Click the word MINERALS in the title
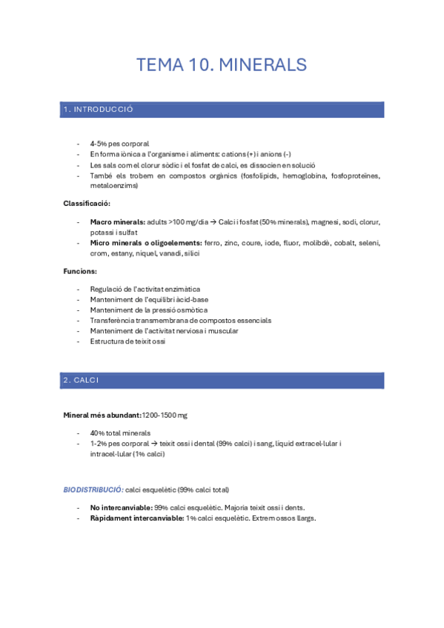coord(263,65)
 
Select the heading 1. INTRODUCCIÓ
coord(98,110)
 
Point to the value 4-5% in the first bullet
coord(98,143)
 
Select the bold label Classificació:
coord(87,204)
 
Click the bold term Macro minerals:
coord(118,221)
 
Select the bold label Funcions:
coord(79,272)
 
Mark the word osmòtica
coord(190,310)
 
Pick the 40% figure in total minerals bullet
coord(98,432)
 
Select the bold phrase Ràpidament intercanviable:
coord(137,518)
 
